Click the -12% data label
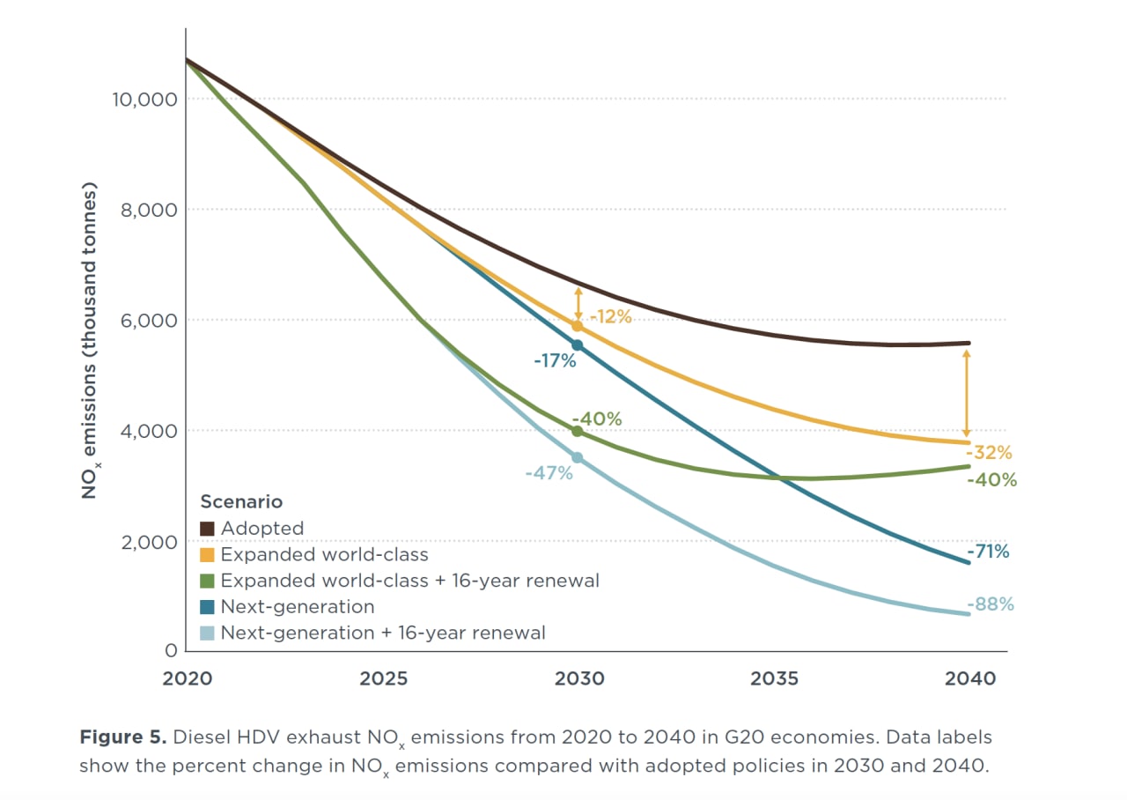coord(610,316)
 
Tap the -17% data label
coord(555,359)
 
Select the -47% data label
coord(549,473)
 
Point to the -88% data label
coord(991,604)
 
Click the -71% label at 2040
coord(988,552)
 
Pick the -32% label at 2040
coord(991,453)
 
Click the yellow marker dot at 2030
coord(578,326)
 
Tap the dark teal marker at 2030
coord(578,345)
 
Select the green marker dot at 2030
coord(578,431)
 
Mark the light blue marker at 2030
coord(578,457)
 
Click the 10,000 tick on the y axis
coord(144,99)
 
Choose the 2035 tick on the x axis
coord(774,678)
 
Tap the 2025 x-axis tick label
coord(384,678)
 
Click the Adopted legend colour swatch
coord(208,529)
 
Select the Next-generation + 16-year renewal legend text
coord(383,633)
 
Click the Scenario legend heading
coord(241,502)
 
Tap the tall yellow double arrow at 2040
coord(966,393)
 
